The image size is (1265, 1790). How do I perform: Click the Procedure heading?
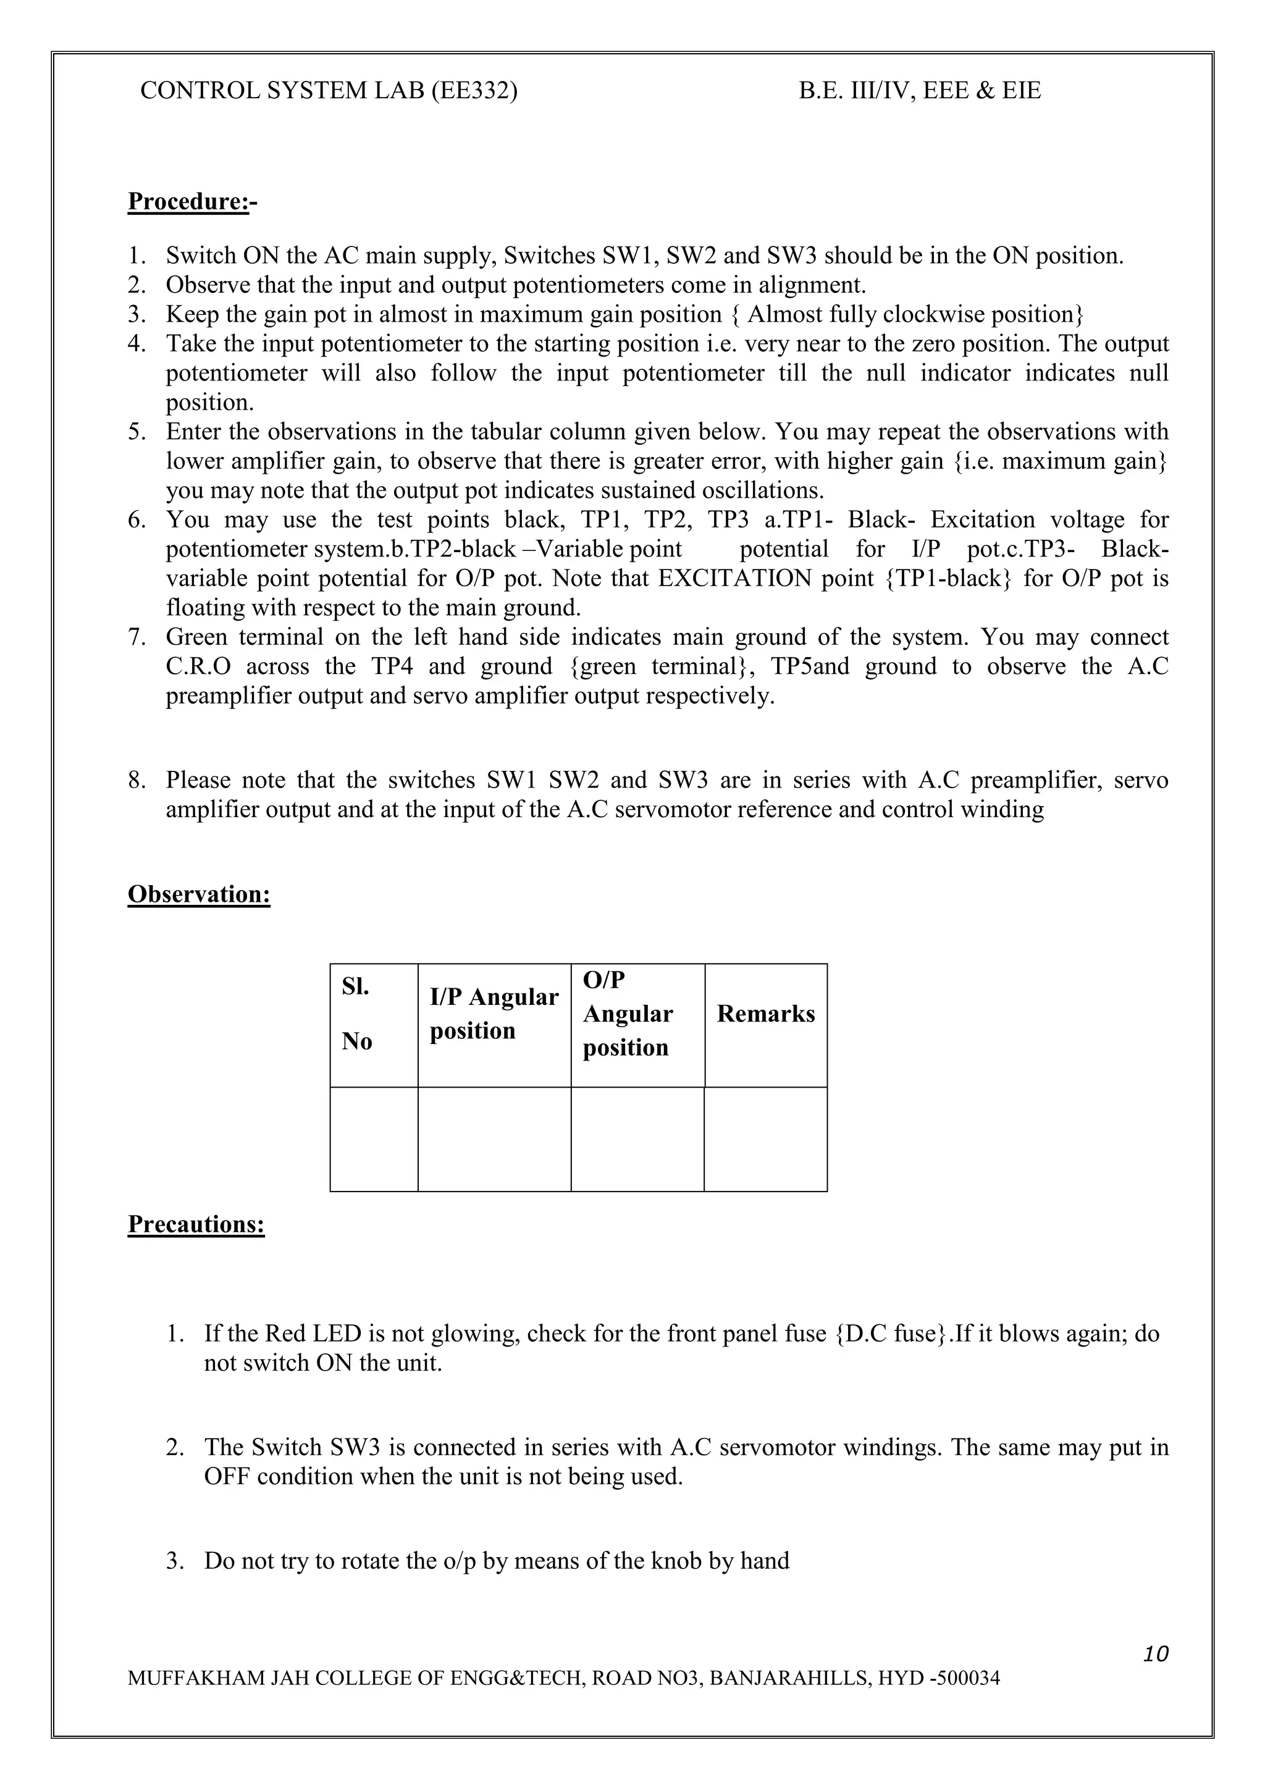coord(191,202)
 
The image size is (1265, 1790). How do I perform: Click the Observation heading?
coord(199,894)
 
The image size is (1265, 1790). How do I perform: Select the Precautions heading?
coord(196,1224)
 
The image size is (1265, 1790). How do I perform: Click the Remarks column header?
coord(765,1014)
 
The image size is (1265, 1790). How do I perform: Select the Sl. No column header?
coord(357,1014)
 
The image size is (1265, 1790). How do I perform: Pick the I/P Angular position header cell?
coord(494,1014)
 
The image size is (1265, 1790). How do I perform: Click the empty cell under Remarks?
coord(765,1139)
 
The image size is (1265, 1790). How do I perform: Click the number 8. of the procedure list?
coord(137,780)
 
